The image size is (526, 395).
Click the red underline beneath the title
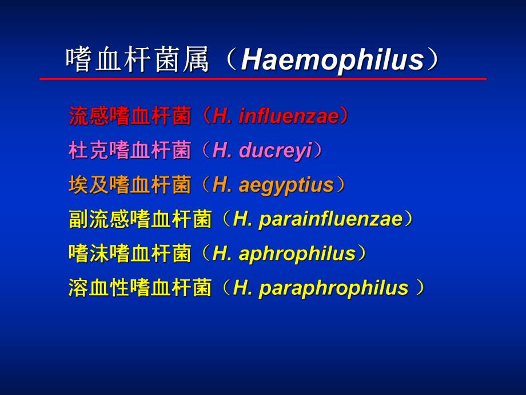(x=263, y=78)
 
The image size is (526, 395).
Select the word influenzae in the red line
(x=289, y=116)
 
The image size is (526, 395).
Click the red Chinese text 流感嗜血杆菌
(x=130, y=116)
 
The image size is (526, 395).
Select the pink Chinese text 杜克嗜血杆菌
(x=130, y=151)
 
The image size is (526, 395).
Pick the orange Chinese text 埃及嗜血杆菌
(x=130, y=185)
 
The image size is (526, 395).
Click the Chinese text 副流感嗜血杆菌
(x=140, y=219)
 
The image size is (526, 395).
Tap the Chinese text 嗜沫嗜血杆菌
(x=130, y=254)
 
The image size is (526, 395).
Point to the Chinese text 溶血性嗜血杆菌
(x=140, y=288)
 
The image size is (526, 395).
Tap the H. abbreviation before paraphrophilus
(x=242, y=288)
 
